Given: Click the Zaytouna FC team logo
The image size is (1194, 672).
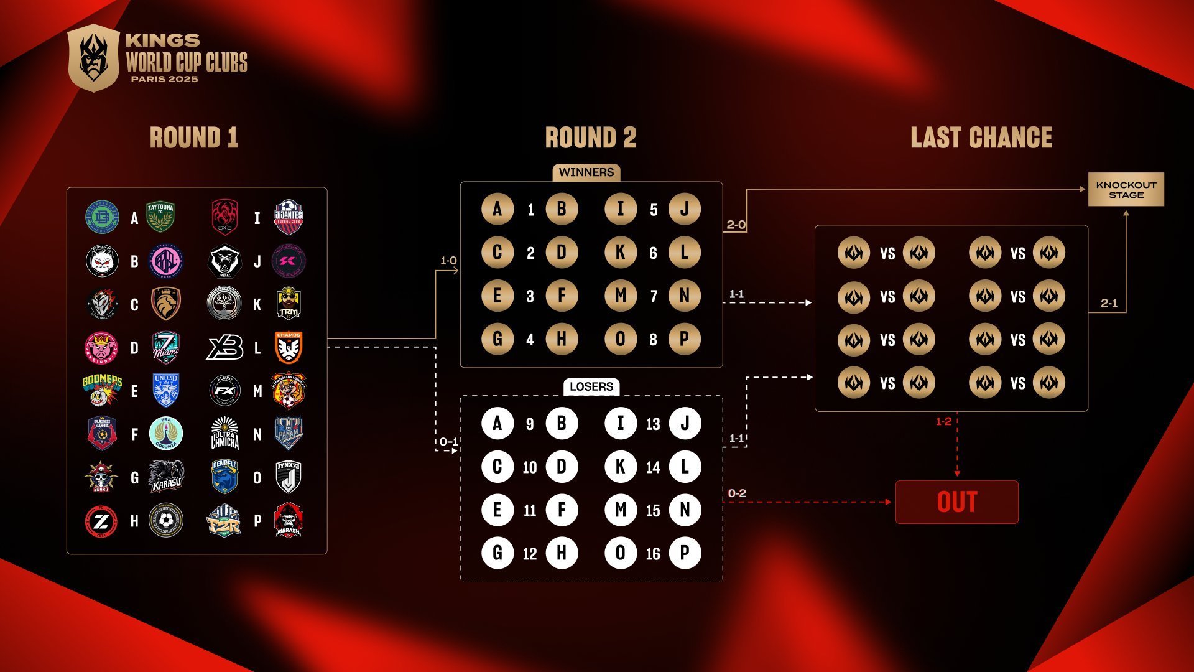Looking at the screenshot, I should point(160,217).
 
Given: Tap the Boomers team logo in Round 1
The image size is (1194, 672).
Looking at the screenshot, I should point(102,390).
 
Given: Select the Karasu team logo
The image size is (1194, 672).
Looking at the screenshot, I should point(166,477).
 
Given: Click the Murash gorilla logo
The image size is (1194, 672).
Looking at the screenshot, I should point(289,520).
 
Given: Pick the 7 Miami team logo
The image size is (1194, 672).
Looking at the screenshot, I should point(166,347).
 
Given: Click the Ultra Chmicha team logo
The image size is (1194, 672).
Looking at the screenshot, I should point(224,434).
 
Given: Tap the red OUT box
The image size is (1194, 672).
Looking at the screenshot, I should point(956,502).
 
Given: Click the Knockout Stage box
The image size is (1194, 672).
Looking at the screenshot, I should point(1126,190).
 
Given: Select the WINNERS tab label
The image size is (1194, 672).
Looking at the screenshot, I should point(586,172).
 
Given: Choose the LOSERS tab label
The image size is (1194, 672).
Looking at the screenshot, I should point(591,386).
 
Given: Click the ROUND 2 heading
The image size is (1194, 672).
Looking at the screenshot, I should point(591,138).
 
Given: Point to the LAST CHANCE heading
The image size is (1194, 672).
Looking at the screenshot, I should point(981,138).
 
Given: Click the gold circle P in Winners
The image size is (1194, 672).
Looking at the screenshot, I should point(685,339).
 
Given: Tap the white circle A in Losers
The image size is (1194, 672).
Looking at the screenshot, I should point(497,424).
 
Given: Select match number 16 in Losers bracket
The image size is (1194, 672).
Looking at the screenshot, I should point(653,553).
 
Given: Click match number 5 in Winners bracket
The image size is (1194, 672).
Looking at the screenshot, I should point(654,210).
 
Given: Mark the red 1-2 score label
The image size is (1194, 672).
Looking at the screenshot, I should point(943,422).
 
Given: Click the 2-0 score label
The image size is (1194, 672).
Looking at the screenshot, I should point(736,225).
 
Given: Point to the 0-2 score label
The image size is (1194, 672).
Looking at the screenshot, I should point(737,493).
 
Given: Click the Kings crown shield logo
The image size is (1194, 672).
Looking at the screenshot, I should point(93,58).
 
